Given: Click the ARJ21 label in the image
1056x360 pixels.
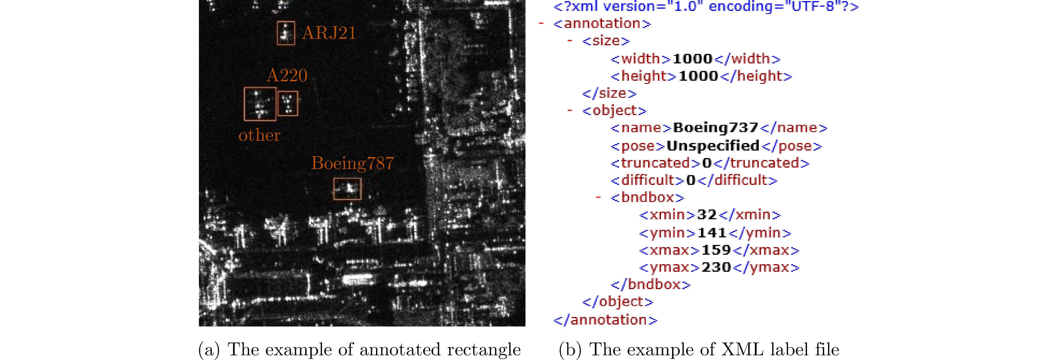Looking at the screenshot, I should click(329, 33).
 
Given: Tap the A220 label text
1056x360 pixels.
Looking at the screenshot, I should click(287, 75).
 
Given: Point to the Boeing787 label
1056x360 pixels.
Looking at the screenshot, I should click(353, 163).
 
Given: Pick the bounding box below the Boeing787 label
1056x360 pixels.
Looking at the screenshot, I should click(347, 189).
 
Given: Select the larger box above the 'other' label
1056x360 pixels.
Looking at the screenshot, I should click(260, 104).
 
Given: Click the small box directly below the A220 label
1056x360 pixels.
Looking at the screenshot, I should click(288, 103).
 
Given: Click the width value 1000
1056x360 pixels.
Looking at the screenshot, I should click(692, 59).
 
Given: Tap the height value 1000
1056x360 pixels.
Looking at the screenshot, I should click(698, 76).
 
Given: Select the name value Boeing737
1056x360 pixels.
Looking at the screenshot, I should click(715, 128).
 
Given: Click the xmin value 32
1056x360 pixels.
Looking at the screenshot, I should click(706, 214).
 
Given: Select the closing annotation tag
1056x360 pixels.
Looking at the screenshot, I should click(605, 320).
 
